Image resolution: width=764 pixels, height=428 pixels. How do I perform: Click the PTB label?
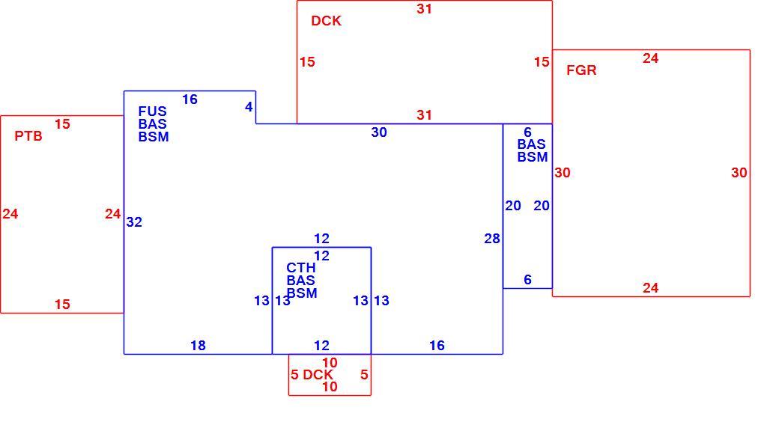click(x=28, y=136)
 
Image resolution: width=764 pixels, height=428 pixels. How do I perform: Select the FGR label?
click(x=581, y=70)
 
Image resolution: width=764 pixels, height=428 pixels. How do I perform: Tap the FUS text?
click(x=152, y=111)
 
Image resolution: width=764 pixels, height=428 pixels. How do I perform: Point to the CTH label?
click(x=300, y=268)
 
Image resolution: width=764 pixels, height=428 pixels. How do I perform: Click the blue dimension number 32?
click(x=134, y=222)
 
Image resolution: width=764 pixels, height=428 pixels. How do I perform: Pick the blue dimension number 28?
click(x=492, y=239)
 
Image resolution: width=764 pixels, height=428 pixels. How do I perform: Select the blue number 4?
click(x=249, y=107)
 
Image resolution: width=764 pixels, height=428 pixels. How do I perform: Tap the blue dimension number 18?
click(x=198, y=346)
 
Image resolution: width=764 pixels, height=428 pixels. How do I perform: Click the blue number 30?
click(x=379, y=132)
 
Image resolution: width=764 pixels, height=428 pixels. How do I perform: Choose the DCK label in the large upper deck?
click(x=326, y=21)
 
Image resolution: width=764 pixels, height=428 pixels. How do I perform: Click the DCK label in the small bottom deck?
click(x=318, y=375)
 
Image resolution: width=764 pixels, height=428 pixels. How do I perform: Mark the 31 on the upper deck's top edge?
click(x=424, y=9)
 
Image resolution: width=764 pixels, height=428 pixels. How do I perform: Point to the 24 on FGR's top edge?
click(x=650, y=58)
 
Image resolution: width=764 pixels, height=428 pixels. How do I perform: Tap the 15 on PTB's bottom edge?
click(x=62, y=305)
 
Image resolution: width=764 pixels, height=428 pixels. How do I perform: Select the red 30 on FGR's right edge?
click(x=739, y=173)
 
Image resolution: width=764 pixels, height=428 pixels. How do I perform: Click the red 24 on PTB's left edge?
click(x=10, y=214)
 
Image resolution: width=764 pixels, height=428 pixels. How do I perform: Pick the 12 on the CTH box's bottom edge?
click(x=321, y=346)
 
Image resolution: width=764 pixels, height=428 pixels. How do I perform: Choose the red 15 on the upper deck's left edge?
click(x=307, y=62)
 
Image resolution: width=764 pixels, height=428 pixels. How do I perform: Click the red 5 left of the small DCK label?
click(x=294, y=375)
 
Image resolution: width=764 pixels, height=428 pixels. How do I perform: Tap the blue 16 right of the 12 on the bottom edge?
click(x=437, y=346)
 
